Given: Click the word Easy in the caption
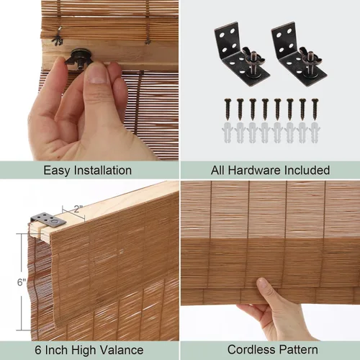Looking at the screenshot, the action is [57, 171].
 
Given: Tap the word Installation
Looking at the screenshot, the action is [103, 171].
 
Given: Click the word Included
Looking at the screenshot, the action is [307, 170].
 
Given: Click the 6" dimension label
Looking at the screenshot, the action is [22, 282].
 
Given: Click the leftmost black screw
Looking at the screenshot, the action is [228, 109].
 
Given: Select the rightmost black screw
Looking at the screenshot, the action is [315, 109].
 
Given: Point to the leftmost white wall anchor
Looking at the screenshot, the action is [228, 132].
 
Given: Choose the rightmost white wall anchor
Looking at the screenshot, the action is [315, 132].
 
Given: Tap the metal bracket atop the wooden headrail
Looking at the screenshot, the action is [49, 220].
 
